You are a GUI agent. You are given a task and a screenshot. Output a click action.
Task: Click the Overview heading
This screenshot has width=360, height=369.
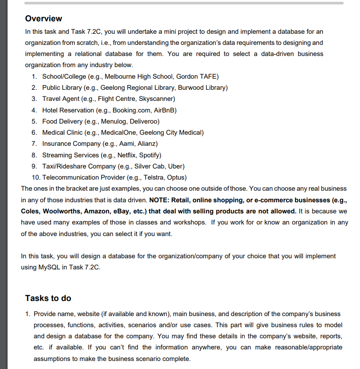pyautogui.click(x=44, y=19)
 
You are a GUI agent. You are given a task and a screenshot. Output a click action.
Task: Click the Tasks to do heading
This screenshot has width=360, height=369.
pyautogui.click(x=48, y=298)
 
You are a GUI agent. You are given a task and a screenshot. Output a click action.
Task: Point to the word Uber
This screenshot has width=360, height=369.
pyautogui.click(x=175, y=166)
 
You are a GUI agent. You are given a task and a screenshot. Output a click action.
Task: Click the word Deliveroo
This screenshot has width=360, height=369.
pyautogui.click(x=143, y=121)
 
